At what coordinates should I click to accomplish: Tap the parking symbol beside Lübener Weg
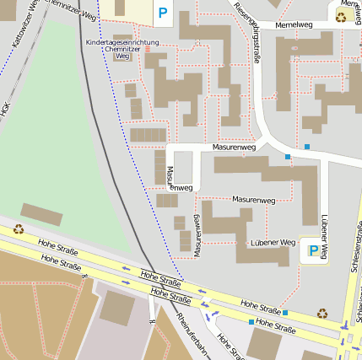click(x=313, y=250)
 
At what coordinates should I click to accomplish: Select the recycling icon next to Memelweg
click(x=342, y=15)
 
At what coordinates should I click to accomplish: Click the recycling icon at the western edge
click(x=18, y=228)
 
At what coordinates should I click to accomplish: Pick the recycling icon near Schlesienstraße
click(x=322, y=313)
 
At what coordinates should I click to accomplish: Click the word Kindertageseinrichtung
click(x=122, y=42)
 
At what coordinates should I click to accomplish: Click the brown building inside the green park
click(x=41, y=214)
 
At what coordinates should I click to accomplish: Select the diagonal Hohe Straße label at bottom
click(x=229, y=346)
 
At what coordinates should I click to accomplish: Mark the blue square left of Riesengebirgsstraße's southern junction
click(x=288, y=157)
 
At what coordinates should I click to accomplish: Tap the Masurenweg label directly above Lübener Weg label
click(x=254, y=200)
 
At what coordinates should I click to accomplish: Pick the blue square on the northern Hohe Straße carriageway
click(x=284, y=313)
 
